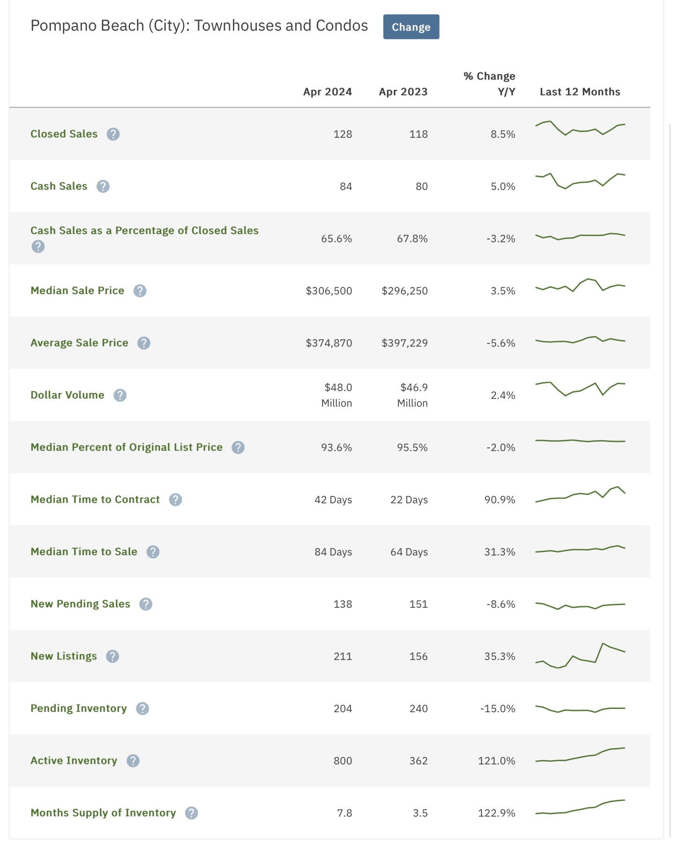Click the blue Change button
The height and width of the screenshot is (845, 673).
click(411, 27)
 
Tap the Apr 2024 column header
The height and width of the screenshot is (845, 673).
click(327, 91)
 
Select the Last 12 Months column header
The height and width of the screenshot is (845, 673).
click(579, 91)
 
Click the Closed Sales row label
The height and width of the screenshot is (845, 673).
click(64, 134)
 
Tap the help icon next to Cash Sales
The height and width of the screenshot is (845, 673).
click(103, 187)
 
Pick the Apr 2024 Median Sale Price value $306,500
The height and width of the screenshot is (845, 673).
click(329, 291)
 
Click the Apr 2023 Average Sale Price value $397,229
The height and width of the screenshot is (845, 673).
click(404, 343)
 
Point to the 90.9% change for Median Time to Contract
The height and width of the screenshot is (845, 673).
click(500, 500)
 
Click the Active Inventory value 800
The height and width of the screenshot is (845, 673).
click(343, 761)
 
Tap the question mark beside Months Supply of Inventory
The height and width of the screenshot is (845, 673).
click(191, 813)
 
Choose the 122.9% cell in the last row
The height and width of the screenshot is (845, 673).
click(496, 813)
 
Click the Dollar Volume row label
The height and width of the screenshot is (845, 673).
click(67, 395)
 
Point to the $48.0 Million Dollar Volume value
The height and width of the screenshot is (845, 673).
click(337, 395)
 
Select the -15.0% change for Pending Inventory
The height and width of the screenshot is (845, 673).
click(497, 709)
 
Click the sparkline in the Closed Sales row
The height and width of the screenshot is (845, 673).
click(580, 128)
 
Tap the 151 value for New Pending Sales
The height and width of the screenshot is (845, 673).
click(418, 604)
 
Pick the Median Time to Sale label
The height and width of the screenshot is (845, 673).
click(84, 551)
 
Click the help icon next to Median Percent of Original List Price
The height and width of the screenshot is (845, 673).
click(238, 447)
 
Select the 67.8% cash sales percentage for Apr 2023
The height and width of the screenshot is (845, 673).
click(412, 239)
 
